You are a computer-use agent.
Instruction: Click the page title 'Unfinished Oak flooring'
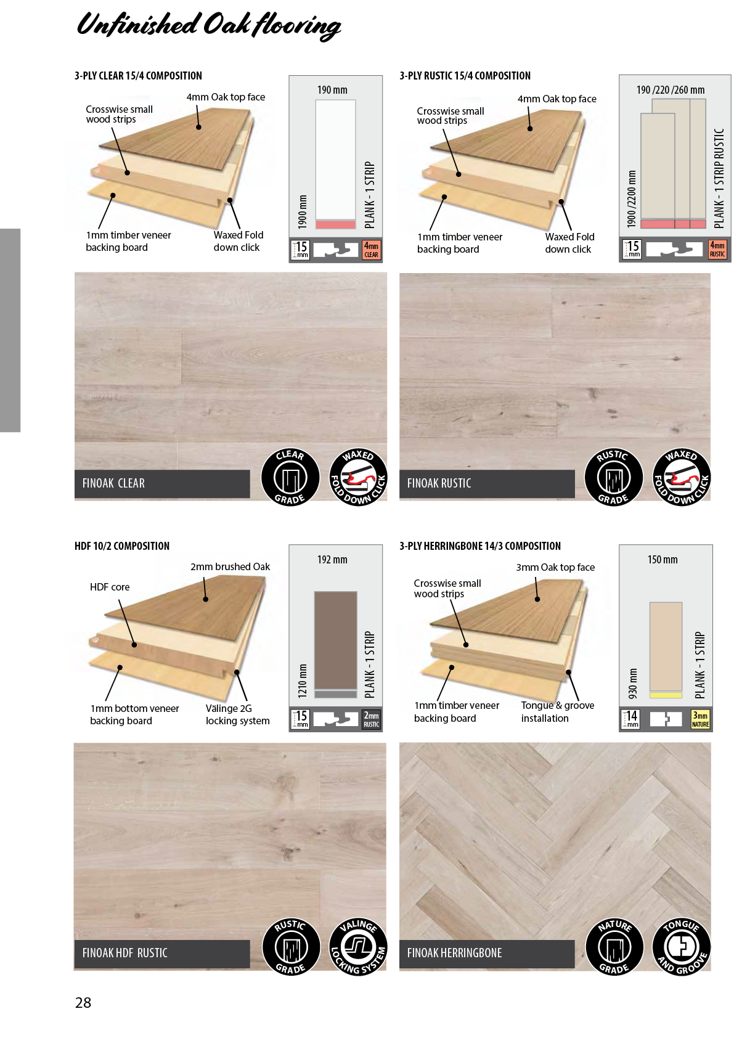[x=208, y=26]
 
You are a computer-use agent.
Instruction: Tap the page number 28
[x=83, y=1002]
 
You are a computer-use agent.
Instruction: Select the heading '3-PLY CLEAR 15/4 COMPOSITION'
[x=138, y=76]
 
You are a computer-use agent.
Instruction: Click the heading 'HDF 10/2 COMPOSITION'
[x=122, y=546]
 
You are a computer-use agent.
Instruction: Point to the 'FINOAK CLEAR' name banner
[x=162, y=484]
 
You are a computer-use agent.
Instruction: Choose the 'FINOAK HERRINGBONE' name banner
[x=487, y=954]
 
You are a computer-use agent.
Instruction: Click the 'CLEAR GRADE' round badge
[x=290, y=477]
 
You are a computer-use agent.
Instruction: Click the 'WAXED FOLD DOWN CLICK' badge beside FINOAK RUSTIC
[x=682, y=477]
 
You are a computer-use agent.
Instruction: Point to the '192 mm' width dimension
[x=332, y=560]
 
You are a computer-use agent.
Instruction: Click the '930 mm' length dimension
[x=632, y=684]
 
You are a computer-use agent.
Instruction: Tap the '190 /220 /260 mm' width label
[x=671, y=90]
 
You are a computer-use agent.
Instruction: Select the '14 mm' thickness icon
[x=630, y=719]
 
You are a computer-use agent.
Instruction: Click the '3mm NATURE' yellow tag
[x=700, y=719]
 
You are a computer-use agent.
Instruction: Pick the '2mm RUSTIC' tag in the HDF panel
[x=371, y=719]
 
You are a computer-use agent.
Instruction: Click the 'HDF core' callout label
[x=110, y=587]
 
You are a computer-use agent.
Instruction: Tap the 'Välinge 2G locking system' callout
[x=238, y=714]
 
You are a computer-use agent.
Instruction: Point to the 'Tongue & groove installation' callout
[x=558, y=712]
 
